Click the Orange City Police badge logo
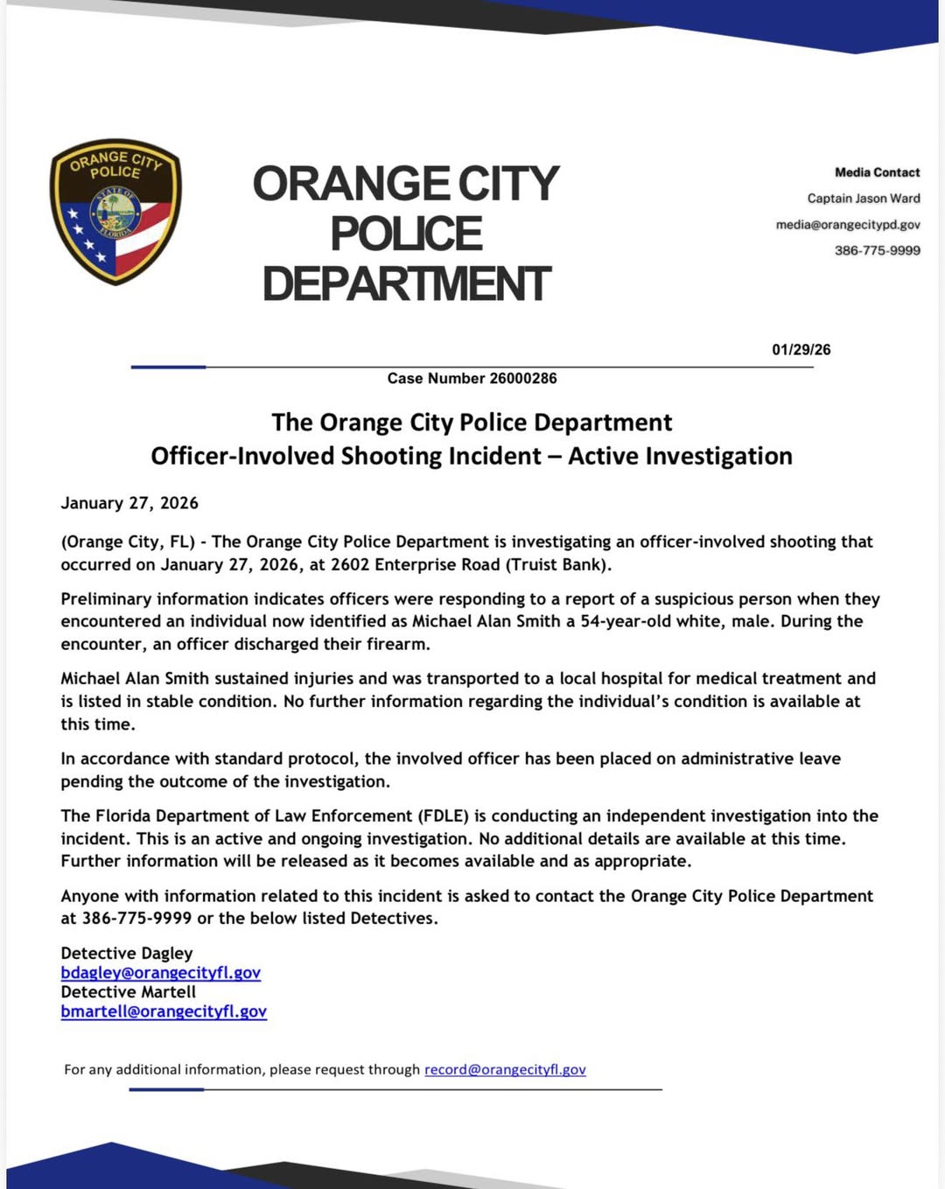[x=115, y=212]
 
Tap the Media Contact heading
[x=877, y=172]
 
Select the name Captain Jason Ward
[x=863, y=199]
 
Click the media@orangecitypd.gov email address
[x=847, y=225]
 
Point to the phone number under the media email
[x=877, y=250]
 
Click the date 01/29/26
[x=801, y=350]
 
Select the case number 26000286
[x=522, y=378]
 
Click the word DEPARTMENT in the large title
[x=406, y=284]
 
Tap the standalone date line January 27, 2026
[x=129, y=503]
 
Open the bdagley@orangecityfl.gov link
[x=160, y=973]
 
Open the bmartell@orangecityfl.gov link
[x=164, y=1011]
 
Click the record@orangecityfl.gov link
[x=505, y=1069]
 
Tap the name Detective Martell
[x=129, y=992]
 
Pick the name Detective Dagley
[x=127, y=953]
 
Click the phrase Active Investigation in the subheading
[x=680, y=456]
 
